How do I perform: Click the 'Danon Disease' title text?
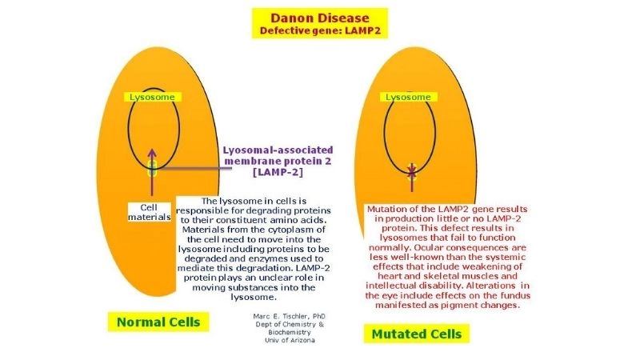click(319, 18)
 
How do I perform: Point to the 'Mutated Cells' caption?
click(415, 332)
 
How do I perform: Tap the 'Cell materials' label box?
click(150, 211)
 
